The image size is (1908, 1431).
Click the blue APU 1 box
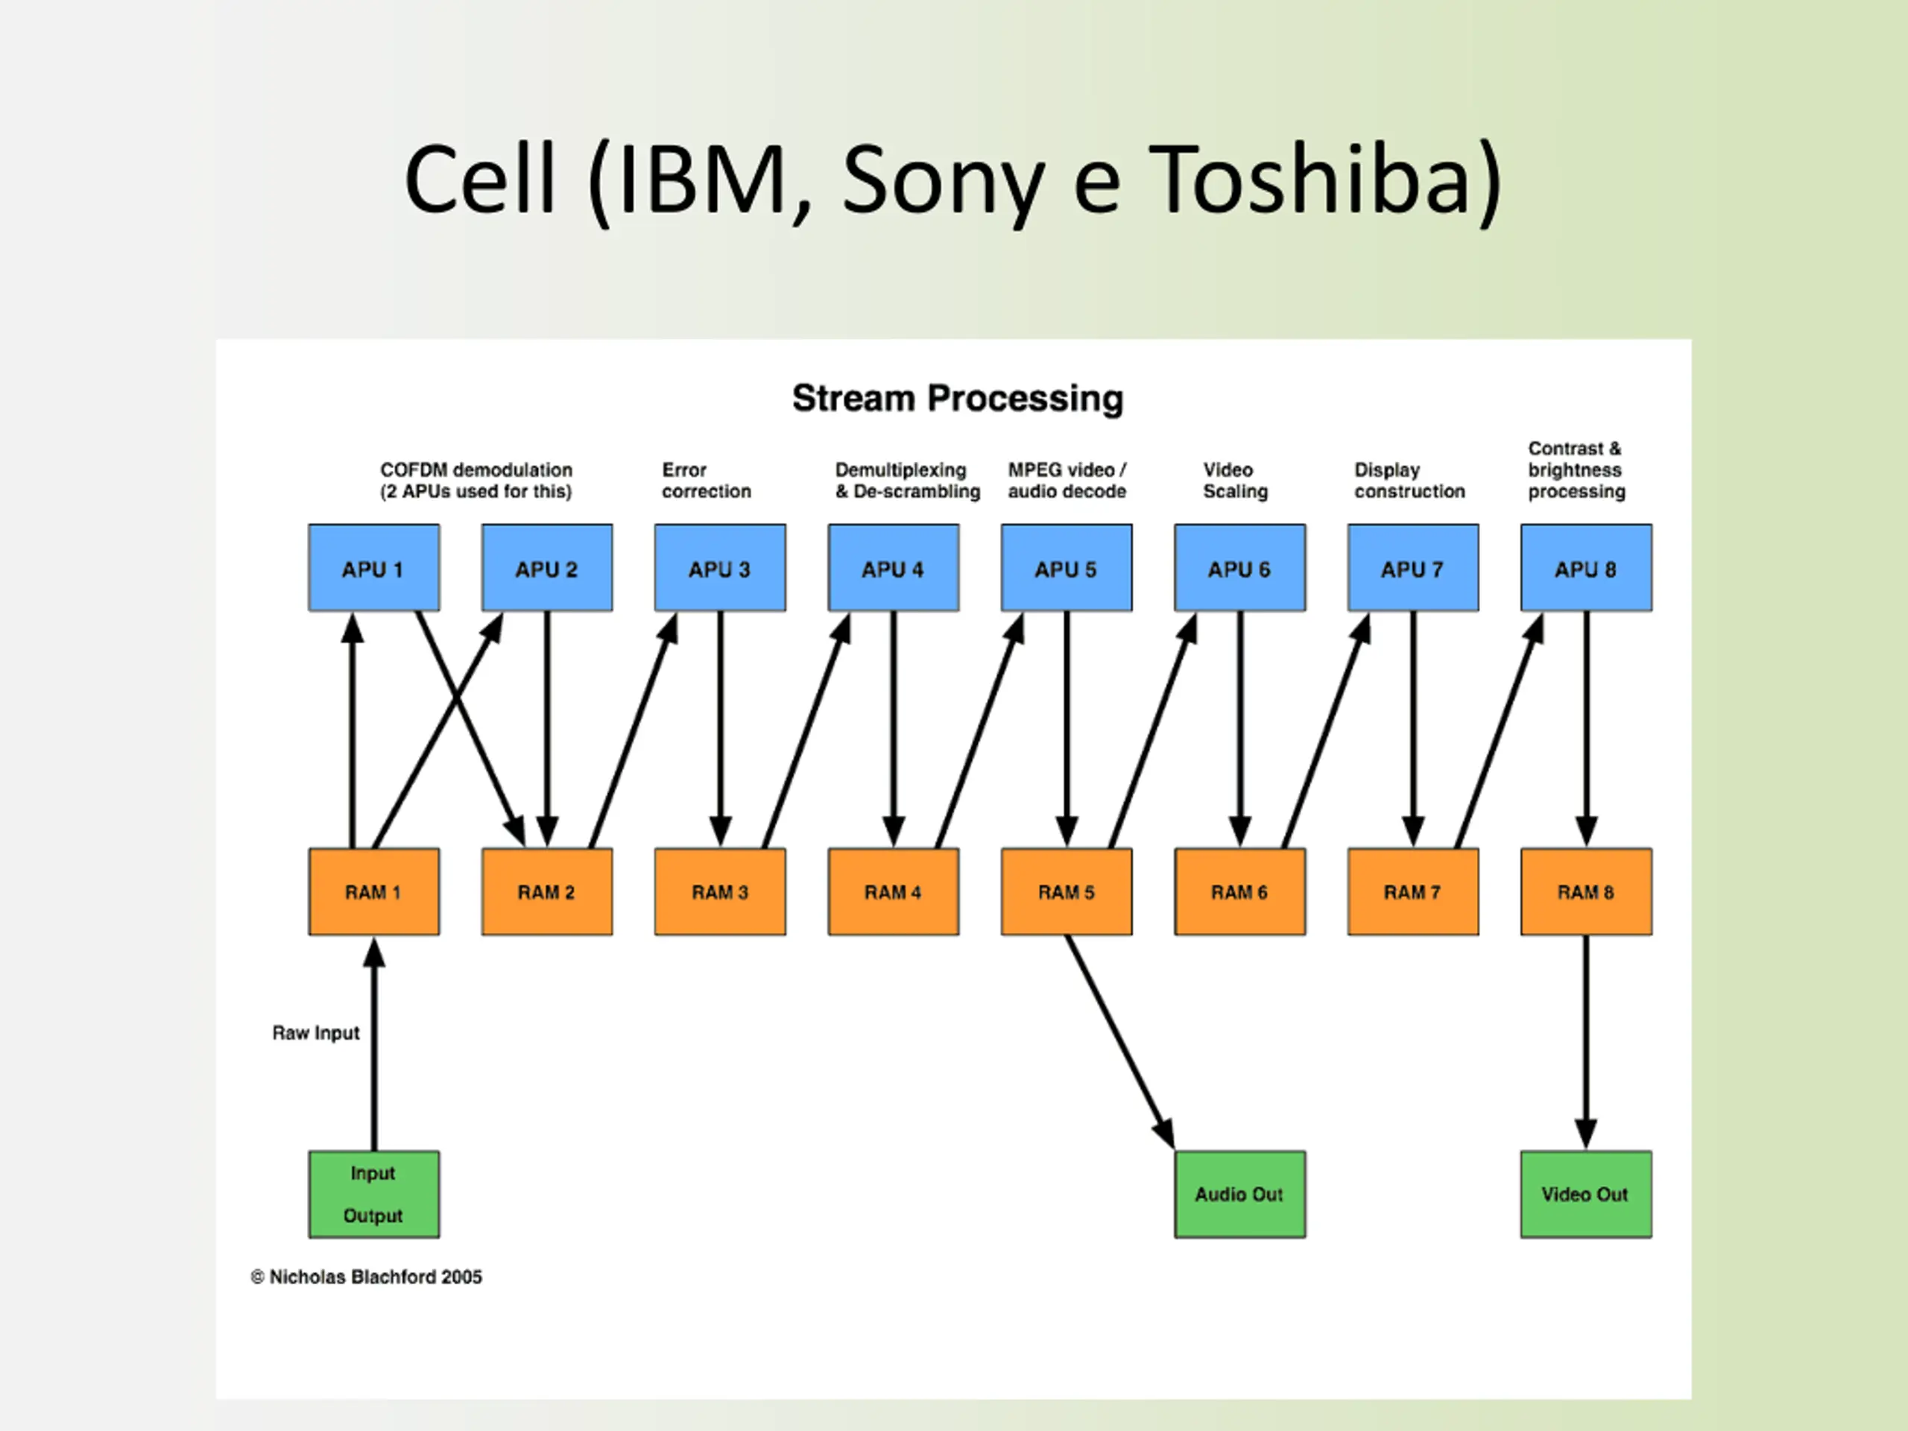tap(373, 568)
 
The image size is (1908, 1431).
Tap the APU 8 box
tap(1586, 568)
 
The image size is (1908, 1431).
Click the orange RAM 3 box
tap(720, 892)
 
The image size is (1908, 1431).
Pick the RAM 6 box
tap(1239, 892)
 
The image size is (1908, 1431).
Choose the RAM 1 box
tap(373, 892)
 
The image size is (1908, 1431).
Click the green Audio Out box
tap(1239, 1195)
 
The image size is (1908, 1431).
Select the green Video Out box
tap(1586, 1195)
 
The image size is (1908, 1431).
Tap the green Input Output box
tap(373, 1195)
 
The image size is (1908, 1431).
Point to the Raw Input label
tap(316, 1033)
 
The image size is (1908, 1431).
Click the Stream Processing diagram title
tap(958, 399)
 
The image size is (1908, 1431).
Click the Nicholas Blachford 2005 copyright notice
tap(367, 1277)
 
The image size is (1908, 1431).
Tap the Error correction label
tap(707, 481)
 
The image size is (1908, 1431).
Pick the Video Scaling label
tap(1235, 481)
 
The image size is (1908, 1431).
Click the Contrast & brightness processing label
tap(1577, 470)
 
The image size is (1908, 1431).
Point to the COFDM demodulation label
tap(476, 481)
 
